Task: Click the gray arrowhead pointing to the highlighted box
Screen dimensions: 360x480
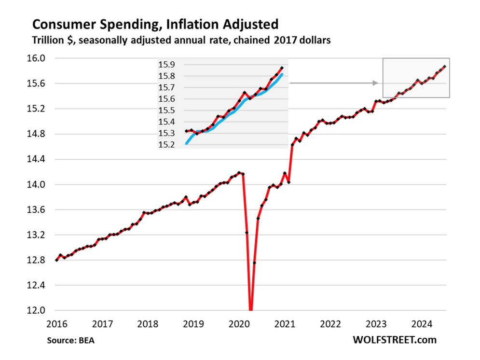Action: pos(375,83)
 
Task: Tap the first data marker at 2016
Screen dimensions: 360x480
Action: pos(57,260)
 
